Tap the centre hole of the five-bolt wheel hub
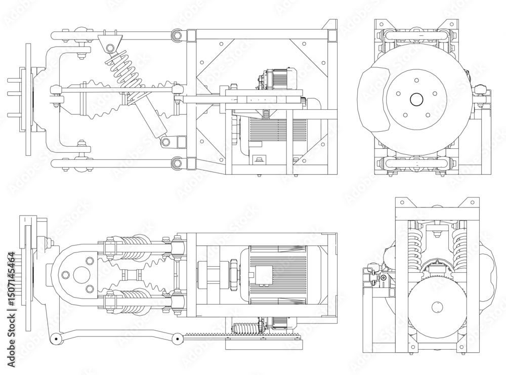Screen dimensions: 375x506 click(x=416, y=100)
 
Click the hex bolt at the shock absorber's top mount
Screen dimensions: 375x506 click(x=110, y=48)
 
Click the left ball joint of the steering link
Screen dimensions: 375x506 click(x=55, y=338)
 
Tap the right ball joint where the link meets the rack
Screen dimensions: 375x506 click(x=177, y=338)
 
